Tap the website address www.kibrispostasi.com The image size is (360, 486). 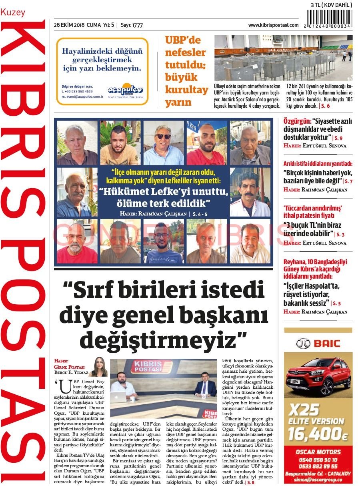click(273, 25)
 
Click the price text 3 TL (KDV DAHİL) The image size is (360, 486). click(331, 5)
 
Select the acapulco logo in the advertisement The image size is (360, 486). click(125, 89)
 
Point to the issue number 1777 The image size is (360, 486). click(137, 25)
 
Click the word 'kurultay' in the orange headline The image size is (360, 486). click(186, 89)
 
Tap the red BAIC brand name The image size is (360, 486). click(326, 343)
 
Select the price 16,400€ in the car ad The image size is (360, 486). click(318, 434)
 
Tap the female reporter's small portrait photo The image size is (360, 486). click(98, 366)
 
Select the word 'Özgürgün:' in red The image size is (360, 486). click(297, 121)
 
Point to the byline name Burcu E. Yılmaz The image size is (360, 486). click(71, 372)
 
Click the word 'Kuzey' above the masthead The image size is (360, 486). click(13, 12)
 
